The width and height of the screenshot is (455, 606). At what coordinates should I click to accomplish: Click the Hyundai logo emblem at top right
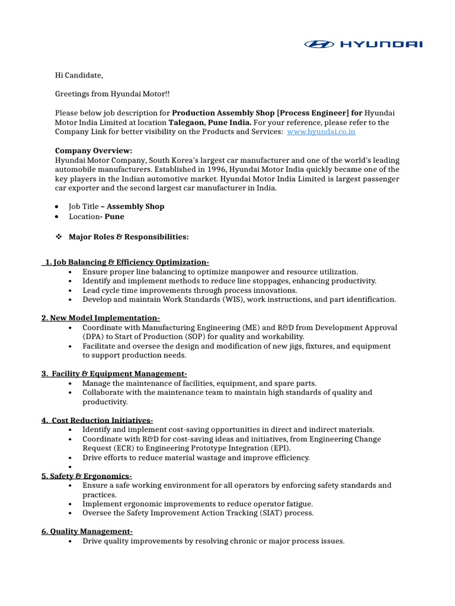[x=319, y=44]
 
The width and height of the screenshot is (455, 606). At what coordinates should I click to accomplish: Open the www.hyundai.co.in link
[x=321, y=132]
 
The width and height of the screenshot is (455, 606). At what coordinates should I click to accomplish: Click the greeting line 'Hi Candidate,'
[x=79, y=75]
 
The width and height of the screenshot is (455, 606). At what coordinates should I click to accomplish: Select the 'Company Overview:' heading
[x=94, y=151]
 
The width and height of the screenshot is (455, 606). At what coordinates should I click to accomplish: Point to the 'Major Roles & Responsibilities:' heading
[x=129, y=237]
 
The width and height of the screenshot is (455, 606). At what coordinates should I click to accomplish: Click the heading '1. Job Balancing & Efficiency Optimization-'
[x=126, y=262]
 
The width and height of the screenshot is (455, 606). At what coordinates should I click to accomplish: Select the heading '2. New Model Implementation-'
[x=101, y=318]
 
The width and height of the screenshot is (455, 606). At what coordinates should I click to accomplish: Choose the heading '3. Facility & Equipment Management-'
[x=114, y=373]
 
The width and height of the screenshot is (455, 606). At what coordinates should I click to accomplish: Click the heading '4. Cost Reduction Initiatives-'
[x=97, y=420]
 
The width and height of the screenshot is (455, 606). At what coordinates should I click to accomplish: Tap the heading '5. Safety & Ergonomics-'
[x=87, y=476]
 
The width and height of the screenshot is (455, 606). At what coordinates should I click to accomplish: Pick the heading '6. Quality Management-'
[x=87, y=531]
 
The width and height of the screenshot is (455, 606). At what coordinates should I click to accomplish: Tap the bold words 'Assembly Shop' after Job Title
[x=136, y=207]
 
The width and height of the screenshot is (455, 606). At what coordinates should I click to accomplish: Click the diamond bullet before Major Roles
[x=59, y=237]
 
